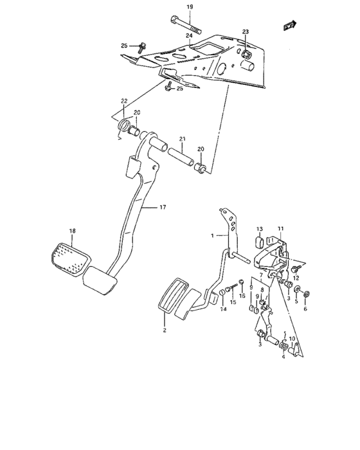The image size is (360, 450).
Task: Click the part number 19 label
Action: click(190, 7)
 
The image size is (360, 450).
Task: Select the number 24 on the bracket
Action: click(189, 36)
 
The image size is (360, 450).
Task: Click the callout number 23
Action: click(245, 32)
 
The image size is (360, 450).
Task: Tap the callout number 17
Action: click(163, 207)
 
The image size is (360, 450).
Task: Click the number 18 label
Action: click(73, 230)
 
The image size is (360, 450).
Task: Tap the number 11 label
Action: click(280, 229)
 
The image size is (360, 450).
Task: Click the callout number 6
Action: click(305, 309)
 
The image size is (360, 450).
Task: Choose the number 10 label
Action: click(292, 339)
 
